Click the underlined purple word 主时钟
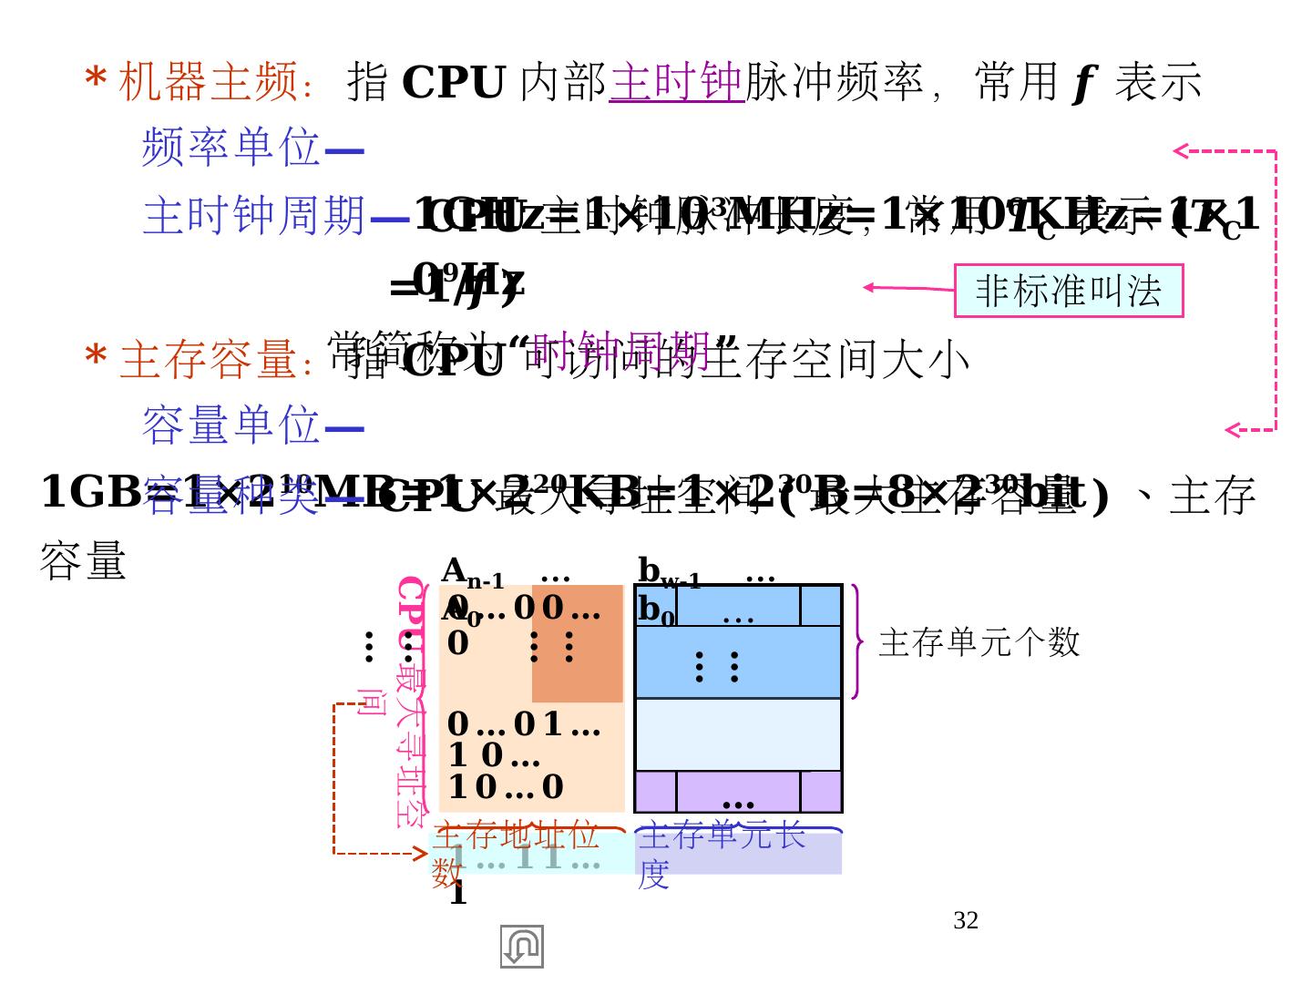point(676,82)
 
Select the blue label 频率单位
point(231,148)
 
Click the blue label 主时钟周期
point(254,217)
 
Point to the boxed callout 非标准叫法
point(1068,291)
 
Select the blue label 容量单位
point(231,425)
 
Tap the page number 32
point(966,921)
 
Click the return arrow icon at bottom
point(521,947)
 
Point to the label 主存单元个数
point(979,643)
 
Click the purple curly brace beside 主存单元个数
point(856,641)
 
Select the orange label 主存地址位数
point(515,852)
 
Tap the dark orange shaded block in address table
point(578,643)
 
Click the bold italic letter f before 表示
point(1082,83)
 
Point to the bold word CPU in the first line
point(453,83)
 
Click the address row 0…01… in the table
point(523,724)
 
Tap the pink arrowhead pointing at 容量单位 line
point(1232,430)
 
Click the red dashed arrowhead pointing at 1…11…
point(421,854)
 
